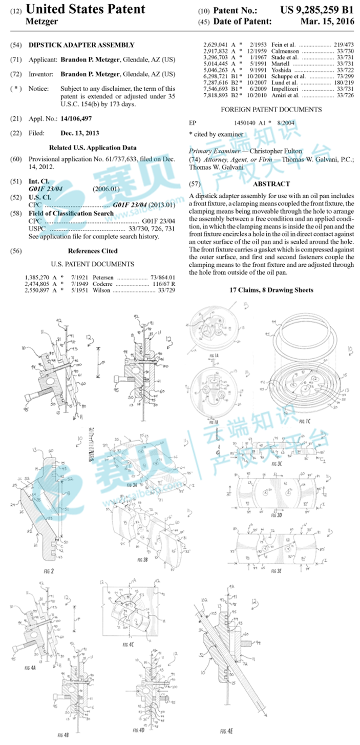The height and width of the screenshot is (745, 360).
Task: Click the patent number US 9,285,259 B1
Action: [x=316, y=10]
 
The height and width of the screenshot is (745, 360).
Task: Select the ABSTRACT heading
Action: [x=271, y=183]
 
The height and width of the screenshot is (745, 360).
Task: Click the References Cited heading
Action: [x=92, y=251]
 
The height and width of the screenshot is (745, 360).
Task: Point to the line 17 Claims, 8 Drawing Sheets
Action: [x=271, y=290]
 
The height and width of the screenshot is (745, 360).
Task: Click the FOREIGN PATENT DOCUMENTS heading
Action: [x=271, y=110]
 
